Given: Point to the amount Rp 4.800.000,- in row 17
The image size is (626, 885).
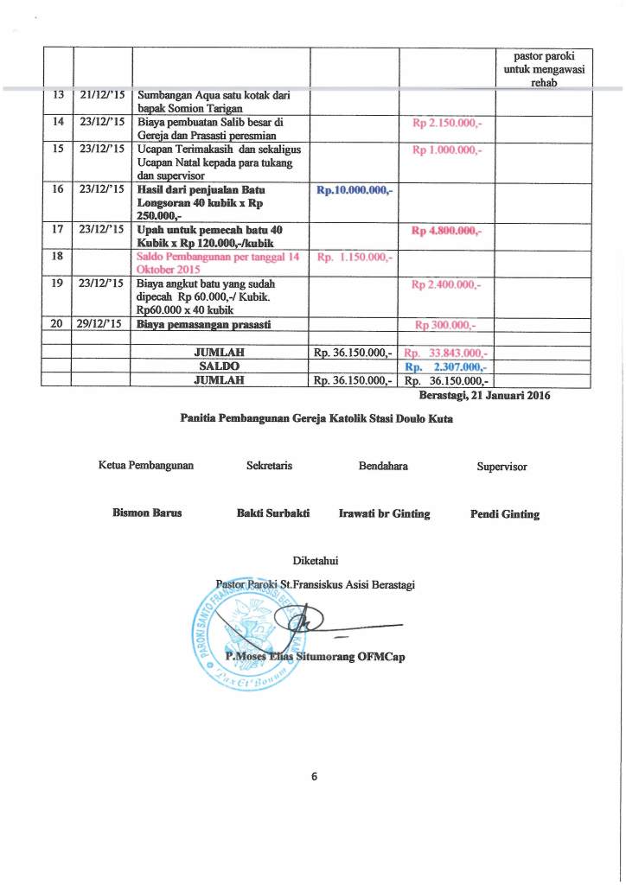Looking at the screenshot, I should click(447, 231).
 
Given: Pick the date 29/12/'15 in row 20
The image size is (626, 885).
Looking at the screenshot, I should click(101, 324).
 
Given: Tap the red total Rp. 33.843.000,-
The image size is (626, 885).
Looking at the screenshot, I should click(447, 353).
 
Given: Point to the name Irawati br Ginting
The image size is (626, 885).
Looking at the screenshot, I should click(384, 513).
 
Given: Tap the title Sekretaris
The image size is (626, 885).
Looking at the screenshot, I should click(269, 467).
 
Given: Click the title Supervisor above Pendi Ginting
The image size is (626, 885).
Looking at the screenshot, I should click(501, 467).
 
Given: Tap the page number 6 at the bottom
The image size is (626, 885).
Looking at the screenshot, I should click(315, 775).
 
